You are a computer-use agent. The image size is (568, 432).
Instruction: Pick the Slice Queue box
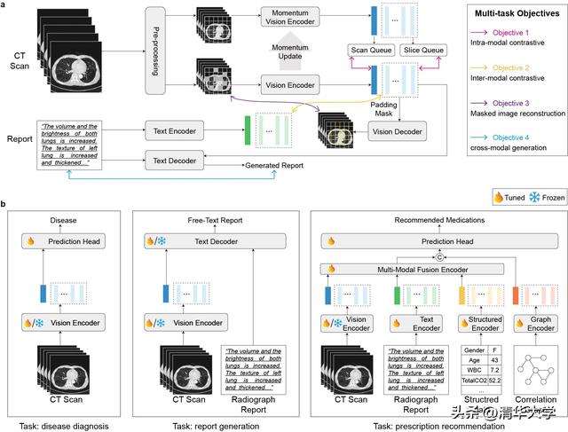coord(425,50)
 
